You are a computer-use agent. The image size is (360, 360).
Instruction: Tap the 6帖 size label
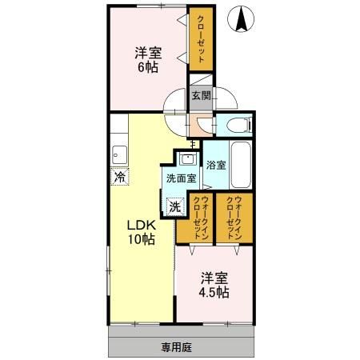click(147, 68)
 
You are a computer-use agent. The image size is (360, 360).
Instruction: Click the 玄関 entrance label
click(200, 95)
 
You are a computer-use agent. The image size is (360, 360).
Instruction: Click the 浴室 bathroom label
click(216, 166)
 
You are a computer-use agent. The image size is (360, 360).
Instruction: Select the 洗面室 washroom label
click(182, 178)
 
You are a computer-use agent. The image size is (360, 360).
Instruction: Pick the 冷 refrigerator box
click(119, 178)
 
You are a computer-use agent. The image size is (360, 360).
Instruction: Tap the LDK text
click(138, 225)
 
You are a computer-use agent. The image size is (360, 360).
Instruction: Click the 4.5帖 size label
click(214, 292)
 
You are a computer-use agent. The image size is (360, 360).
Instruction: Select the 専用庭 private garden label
click(176, 349)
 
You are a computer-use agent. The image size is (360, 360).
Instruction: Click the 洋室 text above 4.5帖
click(214, 278)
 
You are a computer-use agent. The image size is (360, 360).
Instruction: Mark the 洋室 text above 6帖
click(147, 54)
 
